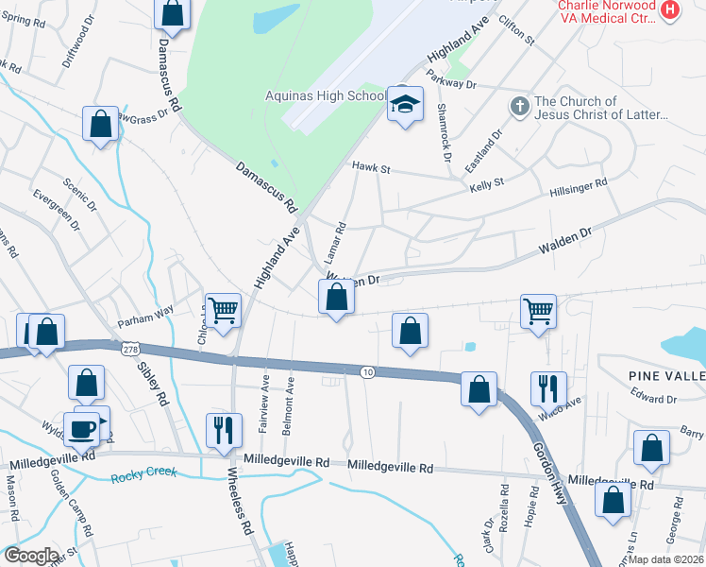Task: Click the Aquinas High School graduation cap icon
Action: click(x=405, y=106)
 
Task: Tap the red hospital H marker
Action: click(x=670, y=10)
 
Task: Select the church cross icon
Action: click(x=519, y=107)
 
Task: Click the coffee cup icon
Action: click(x=81, y=428)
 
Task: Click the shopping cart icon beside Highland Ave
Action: click(x=224, y=309)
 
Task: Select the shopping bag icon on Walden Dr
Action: click(x=337, y=298)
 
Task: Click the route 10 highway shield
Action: click(x=366, y=372)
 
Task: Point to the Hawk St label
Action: click(x=371, y=167)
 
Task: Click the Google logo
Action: click(x=31, y=556)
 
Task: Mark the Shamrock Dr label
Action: click(x=443, y=125)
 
